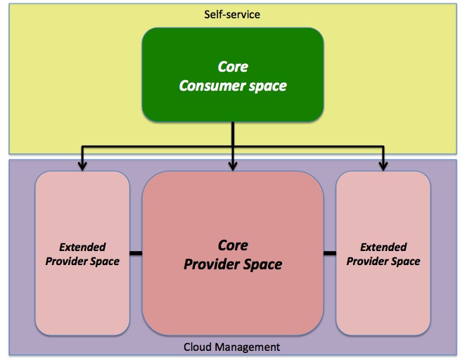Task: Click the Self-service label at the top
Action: (x=232, y=15)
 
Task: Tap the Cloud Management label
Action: (x=231, y=347)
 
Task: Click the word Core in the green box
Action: (x=233, y=67)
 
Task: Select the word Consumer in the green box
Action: (x=212, y=86)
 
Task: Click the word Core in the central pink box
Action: (x=233, y=245)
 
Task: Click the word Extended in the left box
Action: (x=82, y=247)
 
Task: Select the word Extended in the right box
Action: (x=383, y=247)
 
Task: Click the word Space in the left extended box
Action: (x=105, y=262)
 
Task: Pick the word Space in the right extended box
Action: (x=405, y=262)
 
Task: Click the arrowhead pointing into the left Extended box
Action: (x=82, y=167)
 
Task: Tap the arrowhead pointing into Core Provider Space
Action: (x=233, y=167)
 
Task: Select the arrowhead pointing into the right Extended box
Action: (x=383, y=167)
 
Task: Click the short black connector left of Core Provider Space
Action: (x=136, y=253)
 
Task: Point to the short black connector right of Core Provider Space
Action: (x=330, y=253)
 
